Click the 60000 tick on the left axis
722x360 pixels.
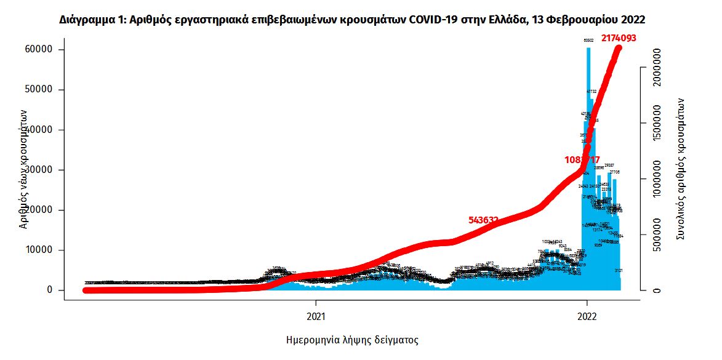point(42,50)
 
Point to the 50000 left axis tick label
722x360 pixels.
point(42,90)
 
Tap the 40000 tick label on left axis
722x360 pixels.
point(42,130)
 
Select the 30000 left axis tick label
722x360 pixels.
point(42,170)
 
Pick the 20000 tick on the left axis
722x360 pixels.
point(42,210)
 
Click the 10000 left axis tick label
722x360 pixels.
point(42,250)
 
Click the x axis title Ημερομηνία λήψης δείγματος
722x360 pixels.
point(352,340)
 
